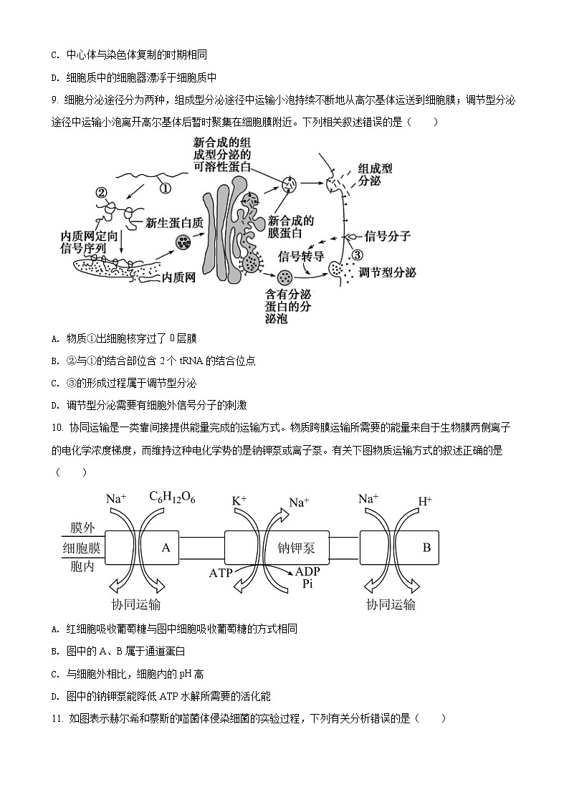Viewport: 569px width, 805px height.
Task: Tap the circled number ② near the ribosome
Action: tap(101, 192)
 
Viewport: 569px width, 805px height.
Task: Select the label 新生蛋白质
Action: tap(174, 223)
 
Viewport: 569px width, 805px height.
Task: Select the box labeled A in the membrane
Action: tap(166, 548)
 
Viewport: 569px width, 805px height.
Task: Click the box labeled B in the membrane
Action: tap(426, 548)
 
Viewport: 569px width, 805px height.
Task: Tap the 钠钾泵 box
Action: tap(296, 549)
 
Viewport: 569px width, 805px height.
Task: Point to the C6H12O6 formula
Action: tap(172, 497)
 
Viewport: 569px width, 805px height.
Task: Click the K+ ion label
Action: tap(239, 499)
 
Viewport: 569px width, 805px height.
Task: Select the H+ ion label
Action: tap(424, 500)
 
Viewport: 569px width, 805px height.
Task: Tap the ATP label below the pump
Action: tap(221, 573)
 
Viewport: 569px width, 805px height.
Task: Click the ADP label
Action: tap(309, 572)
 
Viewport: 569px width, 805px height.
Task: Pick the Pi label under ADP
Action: tap(308, 584)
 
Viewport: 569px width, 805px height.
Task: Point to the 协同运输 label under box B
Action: tap(391, 604)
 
